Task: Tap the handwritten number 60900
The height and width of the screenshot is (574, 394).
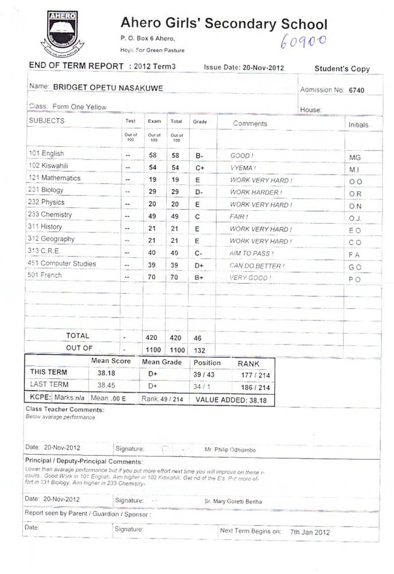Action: pyautogui.click(x=303, y=40)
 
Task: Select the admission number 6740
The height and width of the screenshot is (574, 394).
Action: pyautogui.click(x=356, y=90)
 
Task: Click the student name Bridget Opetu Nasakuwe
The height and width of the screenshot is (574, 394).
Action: pyautogui.click(x=107, y=87)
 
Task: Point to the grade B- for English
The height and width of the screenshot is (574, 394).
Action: pyautogui.click(x=200, y=156)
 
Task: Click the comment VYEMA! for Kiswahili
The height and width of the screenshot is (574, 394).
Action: pyautogui.click(x=243, y=168)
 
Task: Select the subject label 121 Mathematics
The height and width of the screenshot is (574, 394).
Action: pyautogui.click(x=54, y=179)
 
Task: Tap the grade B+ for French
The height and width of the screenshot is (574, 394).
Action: pyautogui.click(x=200, y=278)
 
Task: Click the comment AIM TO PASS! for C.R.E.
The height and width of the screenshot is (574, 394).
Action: pyautogui.click(x=252, y=254)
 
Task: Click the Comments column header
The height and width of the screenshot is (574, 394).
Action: pyautogui.click(x=250, y=123)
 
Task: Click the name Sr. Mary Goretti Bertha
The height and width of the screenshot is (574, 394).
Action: pyautogui.click(x=233, y=501)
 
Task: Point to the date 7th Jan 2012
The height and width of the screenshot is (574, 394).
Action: pyautogui.click(x=310, y=532)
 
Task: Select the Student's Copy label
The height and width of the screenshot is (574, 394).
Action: pyautogui.click(x=342, y=69)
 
